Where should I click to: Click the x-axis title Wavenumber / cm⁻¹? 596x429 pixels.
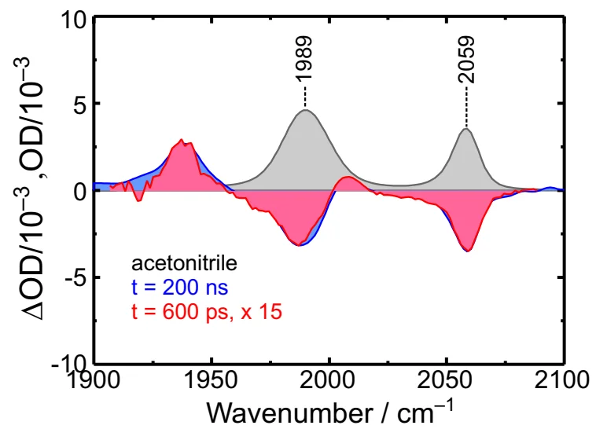[x=329, y=411]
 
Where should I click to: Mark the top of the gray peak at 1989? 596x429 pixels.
[x=305, y=110]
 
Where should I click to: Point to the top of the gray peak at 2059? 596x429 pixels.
[x=466, y=129]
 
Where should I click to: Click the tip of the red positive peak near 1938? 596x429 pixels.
[x=182, y=141]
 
